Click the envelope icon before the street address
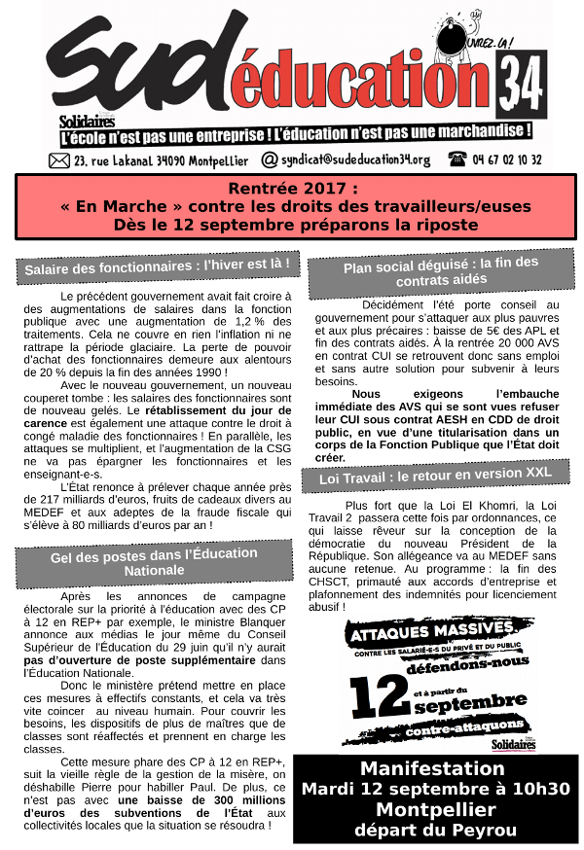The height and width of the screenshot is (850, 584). (58, 159)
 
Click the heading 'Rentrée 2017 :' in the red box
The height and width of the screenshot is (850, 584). (292, 188)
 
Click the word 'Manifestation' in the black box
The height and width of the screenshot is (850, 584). (435, 769)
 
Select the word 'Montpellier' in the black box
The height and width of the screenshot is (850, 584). (435, 810)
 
